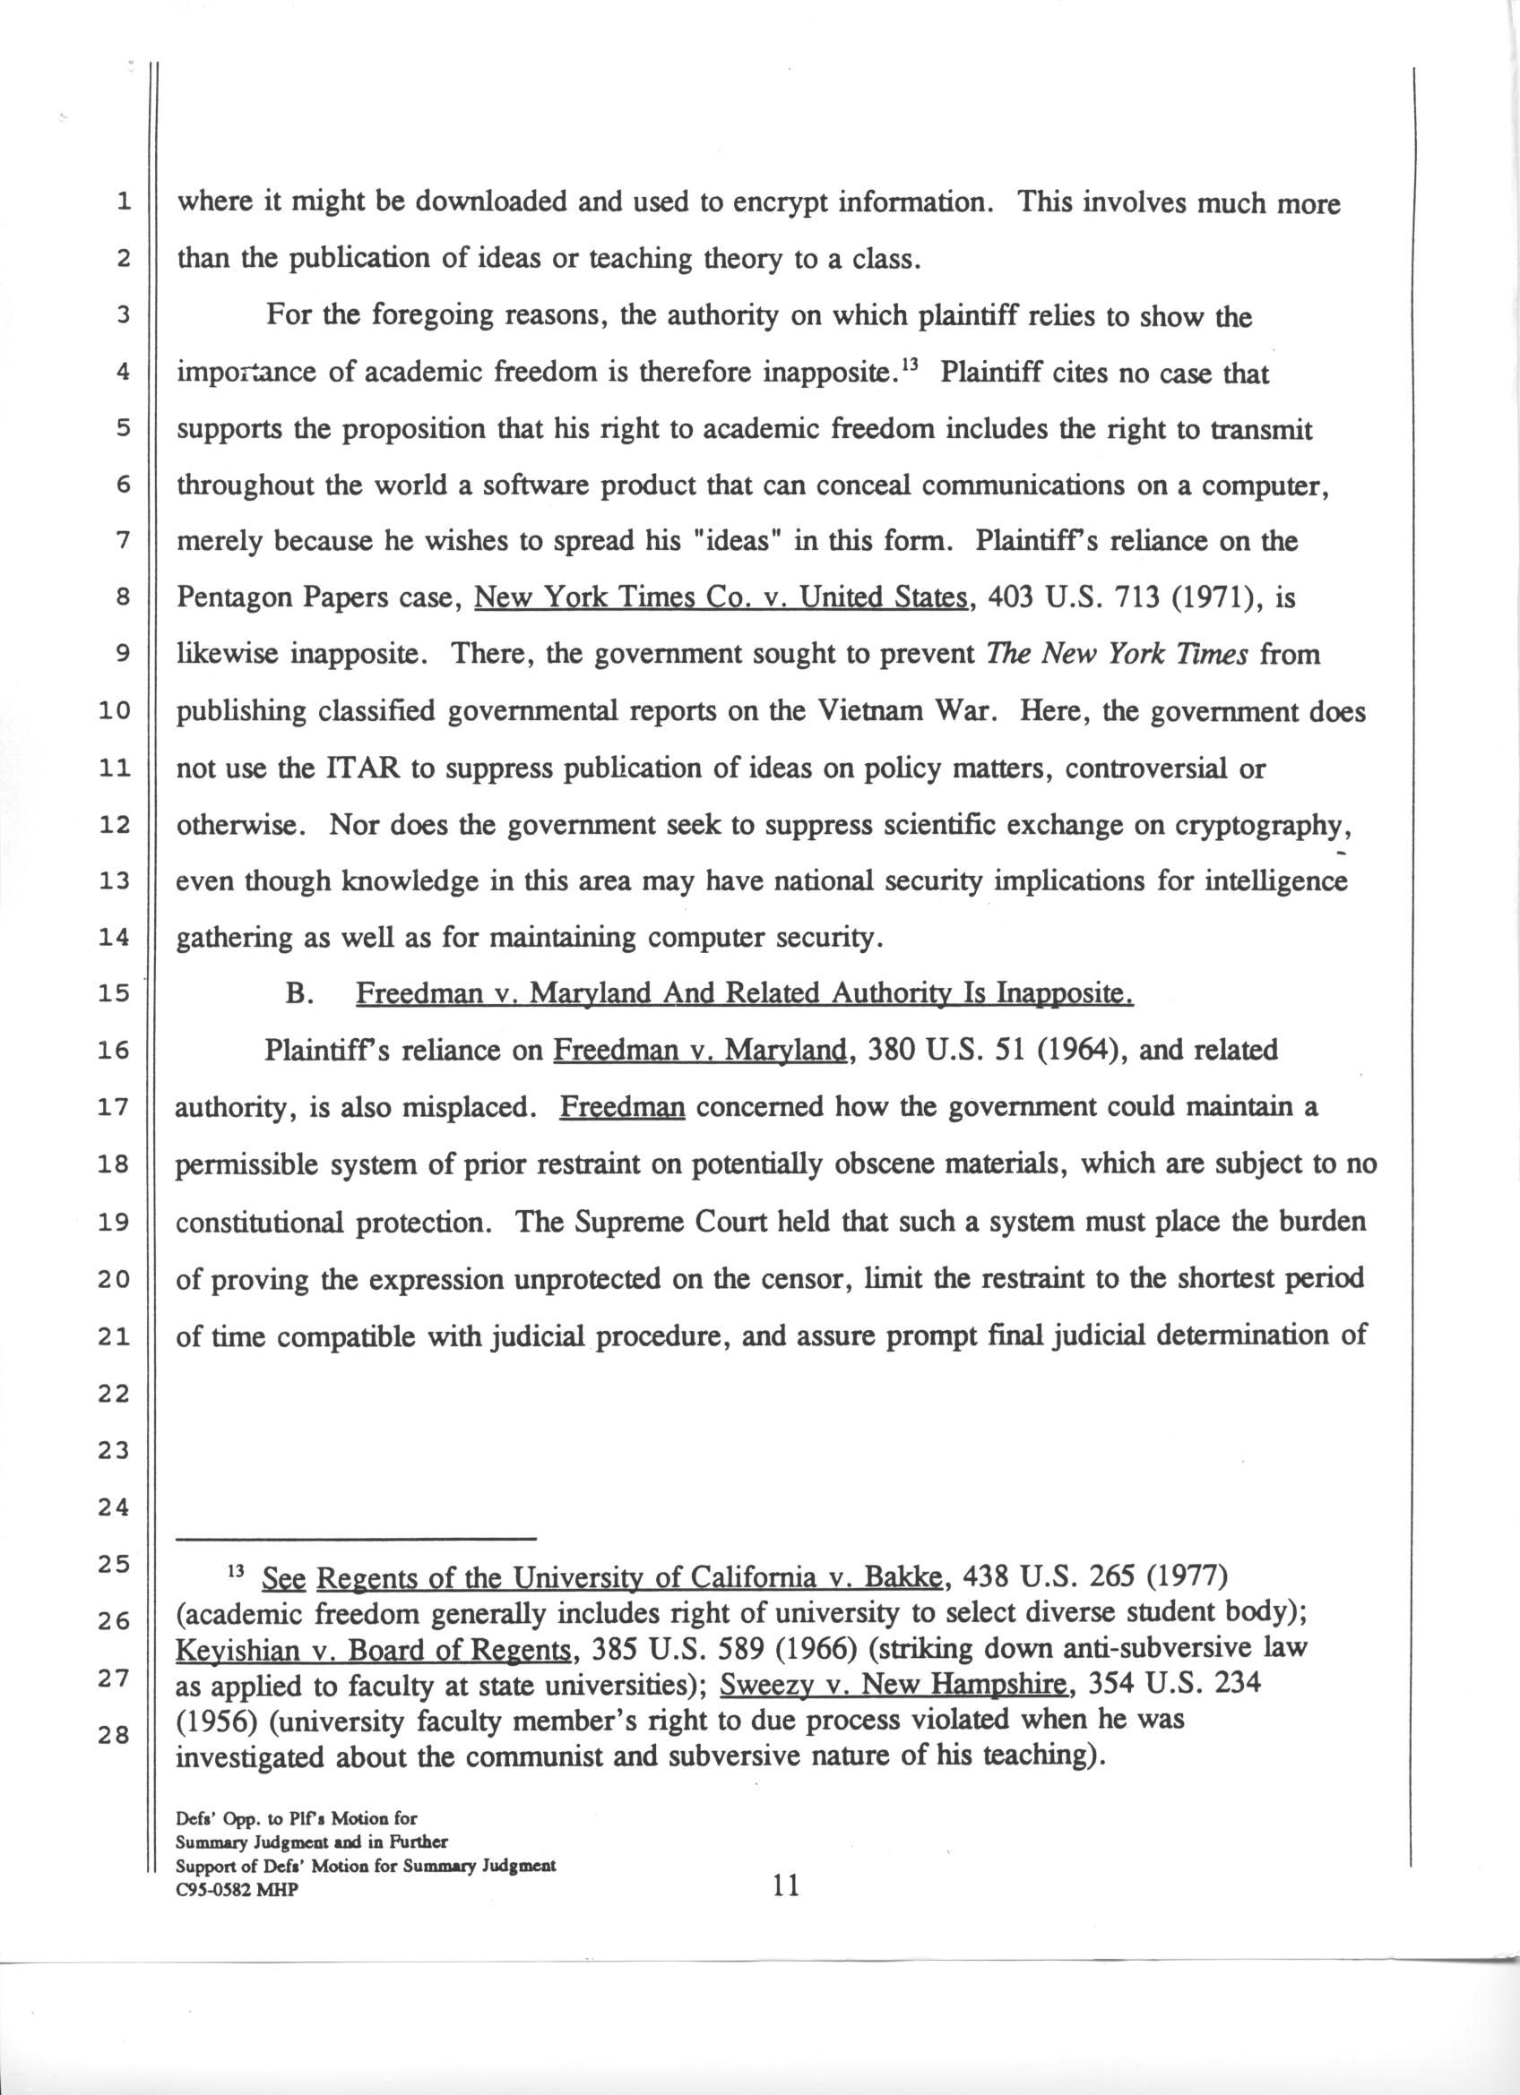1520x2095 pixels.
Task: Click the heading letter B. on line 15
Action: point(297,995)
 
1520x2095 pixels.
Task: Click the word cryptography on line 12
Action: point(1257,825)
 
